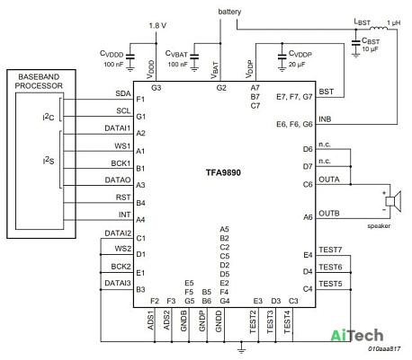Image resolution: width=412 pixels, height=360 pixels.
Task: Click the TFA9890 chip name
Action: coord(223,172)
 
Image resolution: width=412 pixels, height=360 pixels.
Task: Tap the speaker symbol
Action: coord(393,201)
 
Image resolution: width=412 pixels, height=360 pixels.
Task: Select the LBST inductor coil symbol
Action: coord(379,28)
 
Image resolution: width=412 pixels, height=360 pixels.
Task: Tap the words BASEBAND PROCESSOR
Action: coord(39,82)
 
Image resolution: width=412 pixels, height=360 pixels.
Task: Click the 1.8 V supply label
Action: coord(157,26)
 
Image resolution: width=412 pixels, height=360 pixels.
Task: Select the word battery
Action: coord(229,12)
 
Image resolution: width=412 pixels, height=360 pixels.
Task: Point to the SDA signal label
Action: coord(123,93)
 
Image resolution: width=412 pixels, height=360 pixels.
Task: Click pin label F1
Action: coord(140,100)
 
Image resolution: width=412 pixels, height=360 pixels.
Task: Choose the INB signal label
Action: coord(325,119)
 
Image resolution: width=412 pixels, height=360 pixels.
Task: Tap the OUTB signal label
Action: coord(329,214)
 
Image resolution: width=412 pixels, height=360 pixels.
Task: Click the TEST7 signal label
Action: coord(330,250)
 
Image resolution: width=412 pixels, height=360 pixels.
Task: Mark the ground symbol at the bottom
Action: coord(241,348)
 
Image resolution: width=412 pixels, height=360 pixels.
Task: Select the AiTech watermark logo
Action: coord(357,335)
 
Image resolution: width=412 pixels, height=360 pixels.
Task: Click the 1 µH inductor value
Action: coord(393,23)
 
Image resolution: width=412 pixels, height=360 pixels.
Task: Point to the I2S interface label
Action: coord(49,161)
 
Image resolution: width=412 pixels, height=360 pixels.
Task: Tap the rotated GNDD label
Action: coord(219,321)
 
